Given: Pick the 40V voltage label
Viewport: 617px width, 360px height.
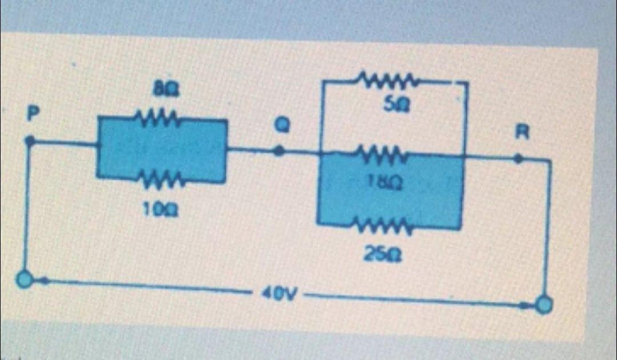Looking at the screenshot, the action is click(277, 295).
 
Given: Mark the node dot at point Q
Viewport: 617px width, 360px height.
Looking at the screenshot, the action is click(279, 151).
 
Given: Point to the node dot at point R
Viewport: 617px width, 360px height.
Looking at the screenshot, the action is click(518, 159).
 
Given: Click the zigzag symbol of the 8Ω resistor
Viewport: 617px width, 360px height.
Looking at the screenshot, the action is click(158, 119).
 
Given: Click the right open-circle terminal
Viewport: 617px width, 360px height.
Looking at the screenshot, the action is click(544, 305).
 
